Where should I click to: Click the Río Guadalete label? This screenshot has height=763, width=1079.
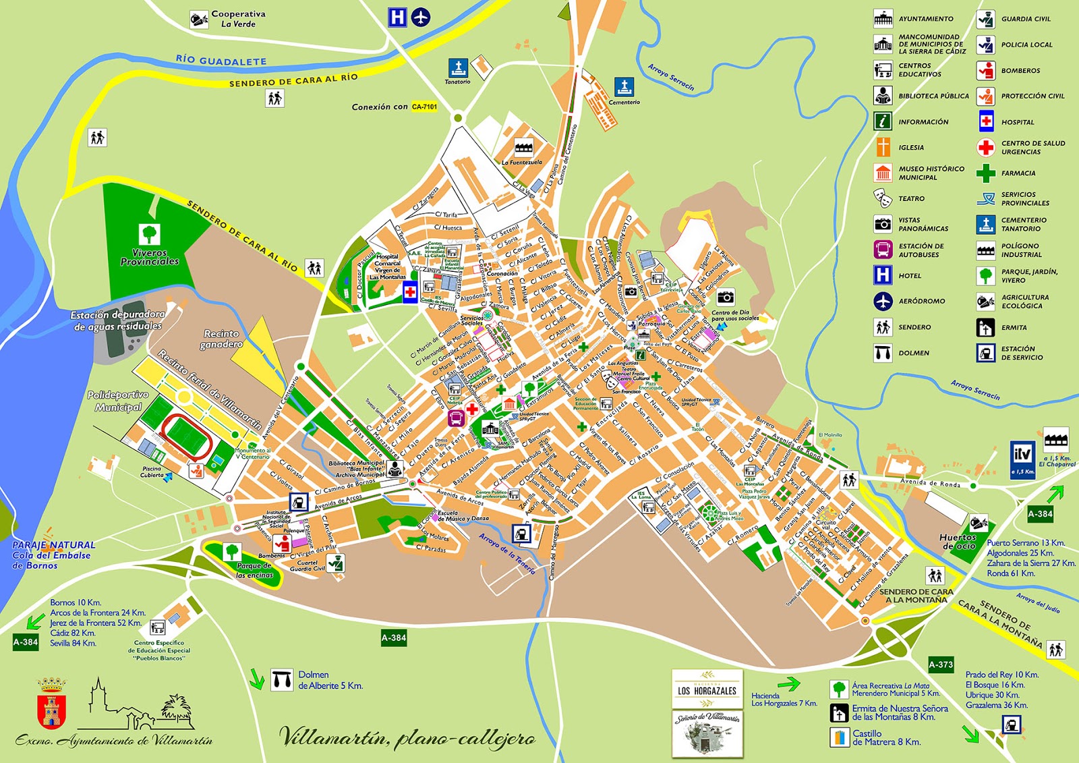pyautogui.click(x=221, y=60)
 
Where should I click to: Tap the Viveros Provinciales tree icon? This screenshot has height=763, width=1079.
pyautogui.click(x=150, y=234)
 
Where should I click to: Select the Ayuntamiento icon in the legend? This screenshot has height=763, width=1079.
pyautogui.click(x=883, y=18)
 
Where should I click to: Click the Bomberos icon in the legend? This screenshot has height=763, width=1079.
pyautogui.click(x=986, y=70)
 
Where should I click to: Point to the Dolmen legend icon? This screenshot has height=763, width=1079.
pyautogui.click(x=883, y=353)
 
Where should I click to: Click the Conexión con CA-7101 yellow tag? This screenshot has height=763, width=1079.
pyautogui.click(x=424, y=107)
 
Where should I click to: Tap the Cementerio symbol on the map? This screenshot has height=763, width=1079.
pyautogui.click(x=624, y=87)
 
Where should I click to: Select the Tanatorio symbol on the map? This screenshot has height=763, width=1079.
pyautogui.click(x=458, y=67)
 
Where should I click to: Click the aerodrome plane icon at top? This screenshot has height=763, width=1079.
pyautogui.click(x=420, y=17)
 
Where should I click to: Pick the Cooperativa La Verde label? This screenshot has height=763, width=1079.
pyautogui.click(x=237, y=18)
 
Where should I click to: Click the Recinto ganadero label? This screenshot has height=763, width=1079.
pyautogui.click(x=221, y=339)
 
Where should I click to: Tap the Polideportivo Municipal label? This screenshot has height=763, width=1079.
pyautogui.click(x=118, y=401)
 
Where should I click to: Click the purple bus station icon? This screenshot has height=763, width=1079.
pyautogui.click(x=456, y=418)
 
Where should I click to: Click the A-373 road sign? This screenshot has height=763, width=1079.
pyautogui.click(x=941, y=665)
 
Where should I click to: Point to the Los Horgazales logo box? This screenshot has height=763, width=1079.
pyautogui.click(x=707, y=689)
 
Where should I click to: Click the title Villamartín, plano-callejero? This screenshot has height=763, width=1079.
pyautogui.click(x=407, y=737)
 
